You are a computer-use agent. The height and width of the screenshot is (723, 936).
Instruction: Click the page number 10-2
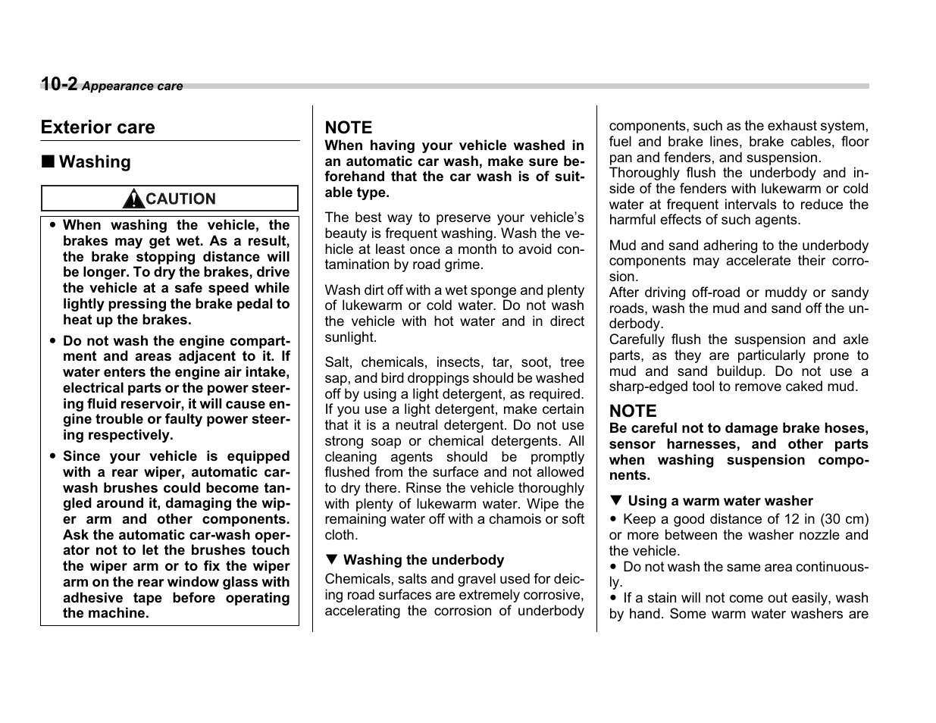click(x=59, y=84)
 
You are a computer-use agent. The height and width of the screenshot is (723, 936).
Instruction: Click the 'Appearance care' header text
click(x=133, y=86)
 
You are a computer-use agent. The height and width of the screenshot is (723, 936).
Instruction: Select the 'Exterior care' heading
click(x=98, y=127)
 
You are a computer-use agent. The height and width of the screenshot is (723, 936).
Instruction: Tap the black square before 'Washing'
click(x=48, y=162)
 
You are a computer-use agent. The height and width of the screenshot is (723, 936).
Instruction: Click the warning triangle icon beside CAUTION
click(x=133, y=199)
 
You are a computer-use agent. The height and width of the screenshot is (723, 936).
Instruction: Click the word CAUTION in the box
click(x=180, y=199)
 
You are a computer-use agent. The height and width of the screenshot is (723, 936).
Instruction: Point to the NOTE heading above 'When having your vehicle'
click(x=349, y=127)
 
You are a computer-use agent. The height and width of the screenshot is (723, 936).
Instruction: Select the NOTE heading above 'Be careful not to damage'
click(x=633, y=411)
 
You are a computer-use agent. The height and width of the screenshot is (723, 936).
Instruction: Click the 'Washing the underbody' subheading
click(x=423, y=560)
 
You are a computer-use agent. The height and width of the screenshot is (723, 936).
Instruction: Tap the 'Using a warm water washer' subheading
click(x=720, y=501)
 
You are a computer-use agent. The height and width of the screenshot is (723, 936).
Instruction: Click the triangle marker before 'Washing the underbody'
click(x=330, y=560)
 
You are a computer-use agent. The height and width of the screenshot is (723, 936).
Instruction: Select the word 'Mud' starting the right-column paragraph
click(x=623, y=246)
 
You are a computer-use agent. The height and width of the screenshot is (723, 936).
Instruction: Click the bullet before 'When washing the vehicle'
click(x=52, y=226)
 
